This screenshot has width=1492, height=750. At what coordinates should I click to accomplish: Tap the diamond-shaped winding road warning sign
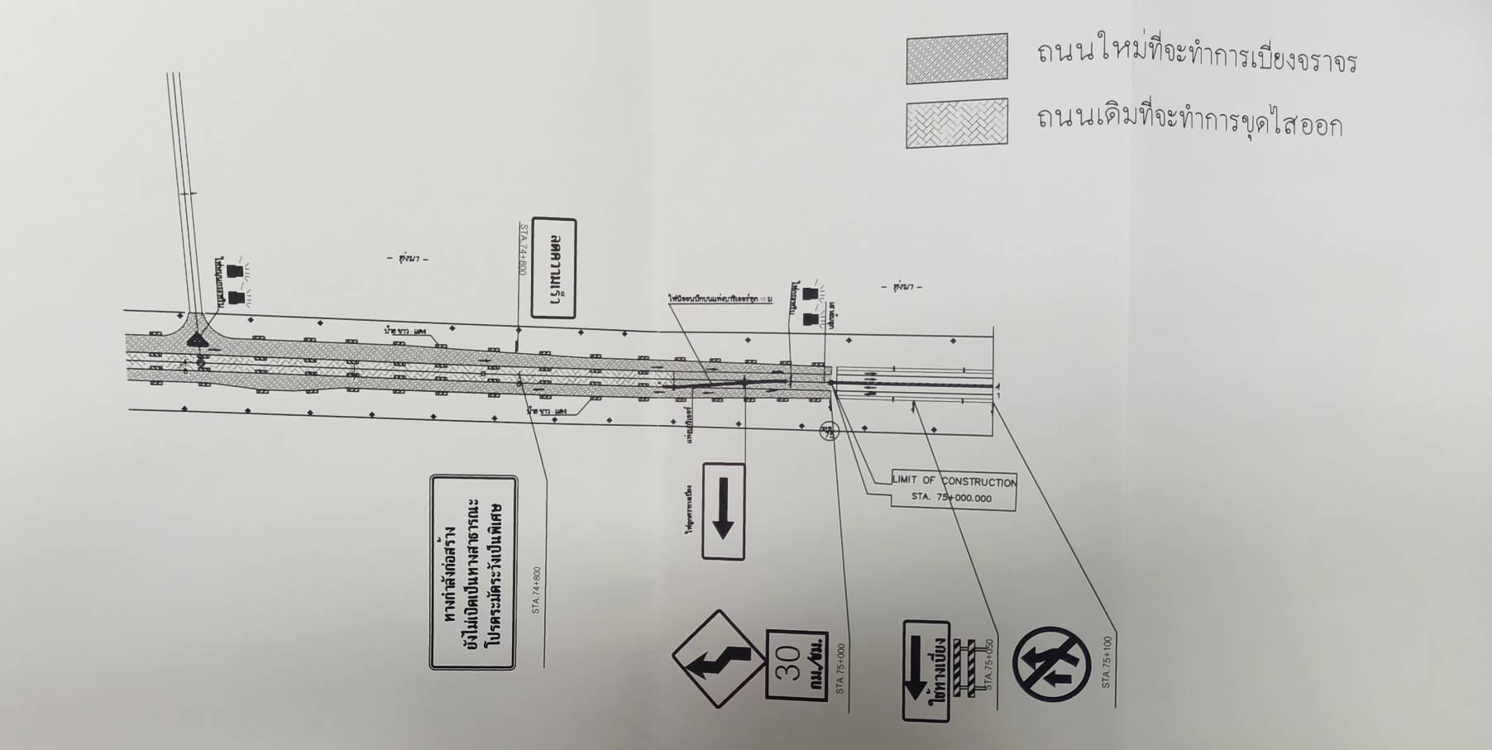point(717,658)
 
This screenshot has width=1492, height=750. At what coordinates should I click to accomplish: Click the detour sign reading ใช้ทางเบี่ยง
point(926,670)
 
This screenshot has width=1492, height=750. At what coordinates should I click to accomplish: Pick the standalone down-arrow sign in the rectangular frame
point(724,511)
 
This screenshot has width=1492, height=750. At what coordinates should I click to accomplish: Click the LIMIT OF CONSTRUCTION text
point(954,481)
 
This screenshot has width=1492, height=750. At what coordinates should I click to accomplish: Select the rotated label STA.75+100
point(1107,662)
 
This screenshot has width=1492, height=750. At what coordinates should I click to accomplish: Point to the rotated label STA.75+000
point(841,667)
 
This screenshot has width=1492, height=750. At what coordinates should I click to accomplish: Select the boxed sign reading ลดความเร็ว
point(554,268)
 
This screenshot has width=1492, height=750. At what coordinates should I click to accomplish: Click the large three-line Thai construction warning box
point(473,572)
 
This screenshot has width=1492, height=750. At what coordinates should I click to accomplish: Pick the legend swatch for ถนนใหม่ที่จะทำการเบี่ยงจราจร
point(957,59)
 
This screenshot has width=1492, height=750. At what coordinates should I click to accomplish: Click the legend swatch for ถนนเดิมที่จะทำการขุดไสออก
point(957,123)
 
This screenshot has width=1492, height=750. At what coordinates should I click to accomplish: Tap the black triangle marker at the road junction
point(197,339)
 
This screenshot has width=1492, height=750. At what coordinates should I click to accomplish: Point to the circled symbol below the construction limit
point(829,431)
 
